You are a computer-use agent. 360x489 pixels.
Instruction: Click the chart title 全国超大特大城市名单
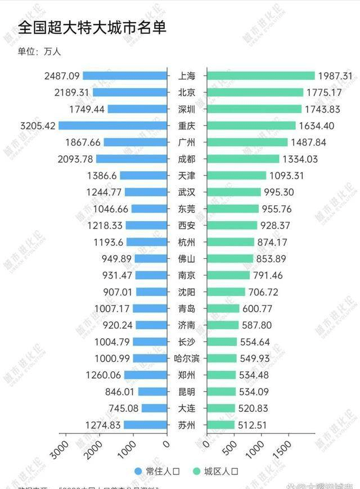[x=92, y=28]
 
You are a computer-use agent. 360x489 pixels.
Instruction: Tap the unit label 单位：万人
[x=39, y=52]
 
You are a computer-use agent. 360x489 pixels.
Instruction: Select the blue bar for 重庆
[x=112, y=125]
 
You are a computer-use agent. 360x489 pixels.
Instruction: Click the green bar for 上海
[x=260, y=75]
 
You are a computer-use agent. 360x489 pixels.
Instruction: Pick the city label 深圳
[x=187, y=109]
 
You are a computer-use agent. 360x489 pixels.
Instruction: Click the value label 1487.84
[x=310, y=142]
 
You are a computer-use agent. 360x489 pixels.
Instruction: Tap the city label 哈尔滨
[x=187, y=358]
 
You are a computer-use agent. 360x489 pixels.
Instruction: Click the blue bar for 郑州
[x=146, y=375]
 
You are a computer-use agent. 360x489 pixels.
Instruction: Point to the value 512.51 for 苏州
[x=256, y=425]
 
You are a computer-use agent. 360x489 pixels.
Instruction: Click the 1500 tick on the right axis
[x=285, y=448]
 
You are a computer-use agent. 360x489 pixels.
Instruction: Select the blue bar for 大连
[x=154, y=409]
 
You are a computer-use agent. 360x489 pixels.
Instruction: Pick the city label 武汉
[x=187, y=192]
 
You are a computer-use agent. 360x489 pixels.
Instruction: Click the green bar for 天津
[x=236, y=176]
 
